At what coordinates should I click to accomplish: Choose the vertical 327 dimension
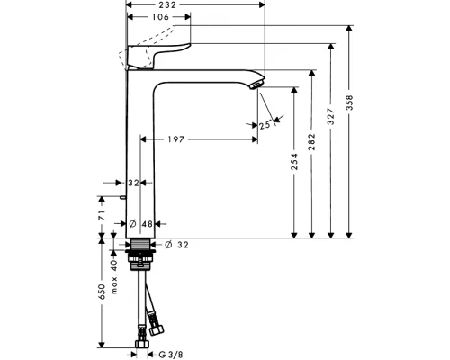click(x=331, y=117)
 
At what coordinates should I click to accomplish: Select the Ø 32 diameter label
click(x=179, y=244)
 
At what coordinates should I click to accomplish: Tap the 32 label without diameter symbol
click(x=134, y=182)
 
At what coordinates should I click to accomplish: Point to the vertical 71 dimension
click(x=103, y=217)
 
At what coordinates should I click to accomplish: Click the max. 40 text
click(x=114, y=266)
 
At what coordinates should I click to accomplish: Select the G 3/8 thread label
click(x=168, y=354)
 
